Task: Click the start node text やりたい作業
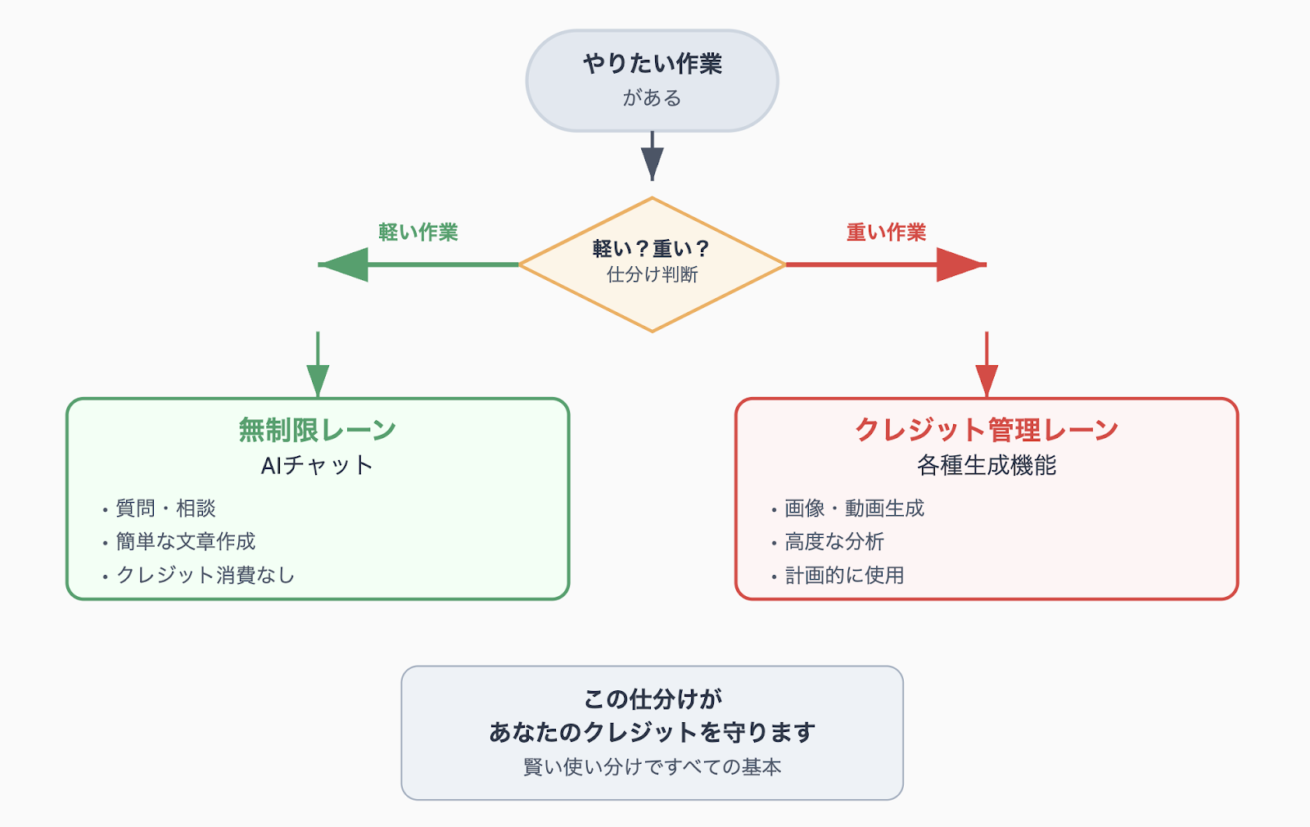(x=652, y=64)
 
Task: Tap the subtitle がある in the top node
(x=652, y=97)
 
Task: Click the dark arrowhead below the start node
(x=652, y=164)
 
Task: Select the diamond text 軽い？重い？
(x=652, y=249)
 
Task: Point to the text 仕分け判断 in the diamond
(x=652, y=274)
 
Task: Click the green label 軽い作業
(x=418, y=233)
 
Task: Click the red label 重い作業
(x=886, y=233)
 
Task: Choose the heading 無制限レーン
(x=318, y=430)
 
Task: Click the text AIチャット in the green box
(x=318, y=466)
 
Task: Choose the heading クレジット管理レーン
(x=987, y=430)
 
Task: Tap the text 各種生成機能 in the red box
(x=987, y=466)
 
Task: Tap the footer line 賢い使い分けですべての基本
(x=652, y=766)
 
